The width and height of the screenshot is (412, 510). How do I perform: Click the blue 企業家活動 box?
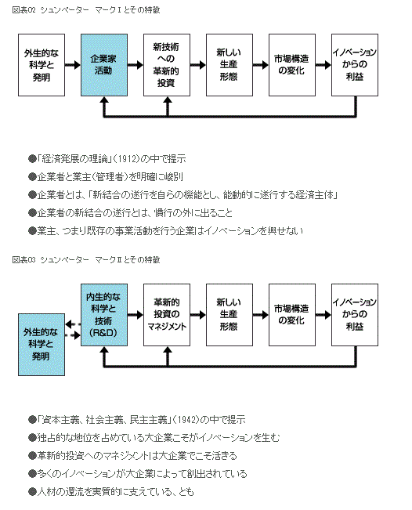104,65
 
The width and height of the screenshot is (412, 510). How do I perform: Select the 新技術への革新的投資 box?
167,65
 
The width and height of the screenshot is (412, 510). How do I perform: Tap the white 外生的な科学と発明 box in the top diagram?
42,65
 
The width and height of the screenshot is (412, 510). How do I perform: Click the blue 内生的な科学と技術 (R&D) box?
104,315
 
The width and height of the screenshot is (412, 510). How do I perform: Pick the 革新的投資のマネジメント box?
167,315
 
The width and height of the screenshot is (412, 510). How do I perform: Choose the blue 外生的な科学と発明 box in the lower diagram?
42,345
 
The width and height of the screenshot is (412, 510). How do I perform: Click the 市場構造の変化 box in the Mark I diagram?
292,65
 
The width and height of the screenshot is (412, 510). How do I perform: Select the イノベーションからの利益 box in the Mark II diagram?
355,315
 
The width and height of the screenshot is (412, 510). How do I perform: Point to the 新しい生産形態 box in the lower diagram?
229,315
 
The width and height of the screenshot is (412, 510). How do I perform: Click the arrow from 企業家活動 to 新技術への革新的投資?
136,65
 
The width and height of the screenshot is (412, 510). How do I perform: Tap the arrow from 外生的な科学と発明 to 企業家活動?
73,65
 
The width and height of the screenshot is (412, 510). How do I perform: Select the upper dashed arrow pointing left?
73,324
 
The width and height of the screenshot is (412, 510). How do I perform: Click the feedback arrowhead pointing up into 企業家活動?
104,101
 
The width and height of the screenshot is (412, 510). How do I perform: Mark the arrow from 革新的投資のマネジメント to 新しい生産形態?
198,315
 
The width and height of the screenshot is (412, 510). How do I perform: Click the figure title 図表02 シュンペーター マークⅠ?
86,9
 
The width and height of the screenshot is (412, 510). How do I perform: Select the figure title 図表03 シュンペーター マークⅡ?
86,259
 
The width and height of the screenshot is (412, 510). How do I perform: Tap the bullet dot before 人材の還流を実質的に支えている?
32,492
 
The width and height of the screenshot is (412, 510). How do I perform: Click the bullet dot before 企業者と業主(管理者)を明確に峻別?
32,177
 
